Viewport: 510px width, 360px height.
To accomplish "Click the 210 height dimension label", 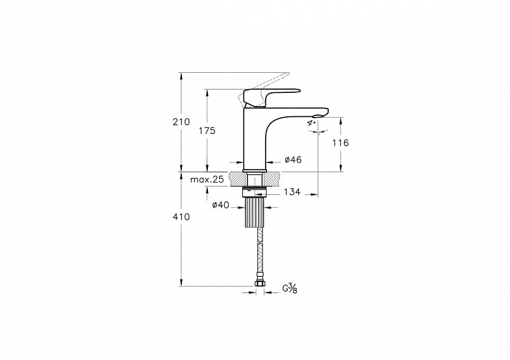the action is click(x=181, y=122).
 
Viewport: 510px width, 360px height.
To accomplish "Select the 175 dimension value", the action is click(x=207, y=131).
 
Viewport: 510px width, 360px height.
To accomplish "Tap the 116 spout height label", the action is click(x=340, y=143).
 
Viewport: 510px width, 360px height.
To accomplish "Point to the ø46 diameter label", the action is click(x=293, y=160).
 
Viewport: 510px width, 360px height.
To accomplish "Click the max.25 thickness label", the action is click(x=207, y=179).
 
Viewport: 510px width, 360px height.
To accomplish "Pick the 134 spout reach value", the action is click(x=292, y=192).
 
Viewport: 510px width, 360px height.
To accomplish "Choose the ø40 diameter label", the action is click(x=220, y=205).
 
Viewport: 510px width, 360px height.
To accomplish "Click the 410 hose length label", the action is click(x=181, y=216).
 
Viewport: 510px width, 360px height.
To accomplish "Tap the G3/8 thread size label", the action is click(x=290, y=288).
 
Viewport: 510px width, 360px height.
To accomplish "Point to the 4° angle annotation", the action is click(x=312, y=123).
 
